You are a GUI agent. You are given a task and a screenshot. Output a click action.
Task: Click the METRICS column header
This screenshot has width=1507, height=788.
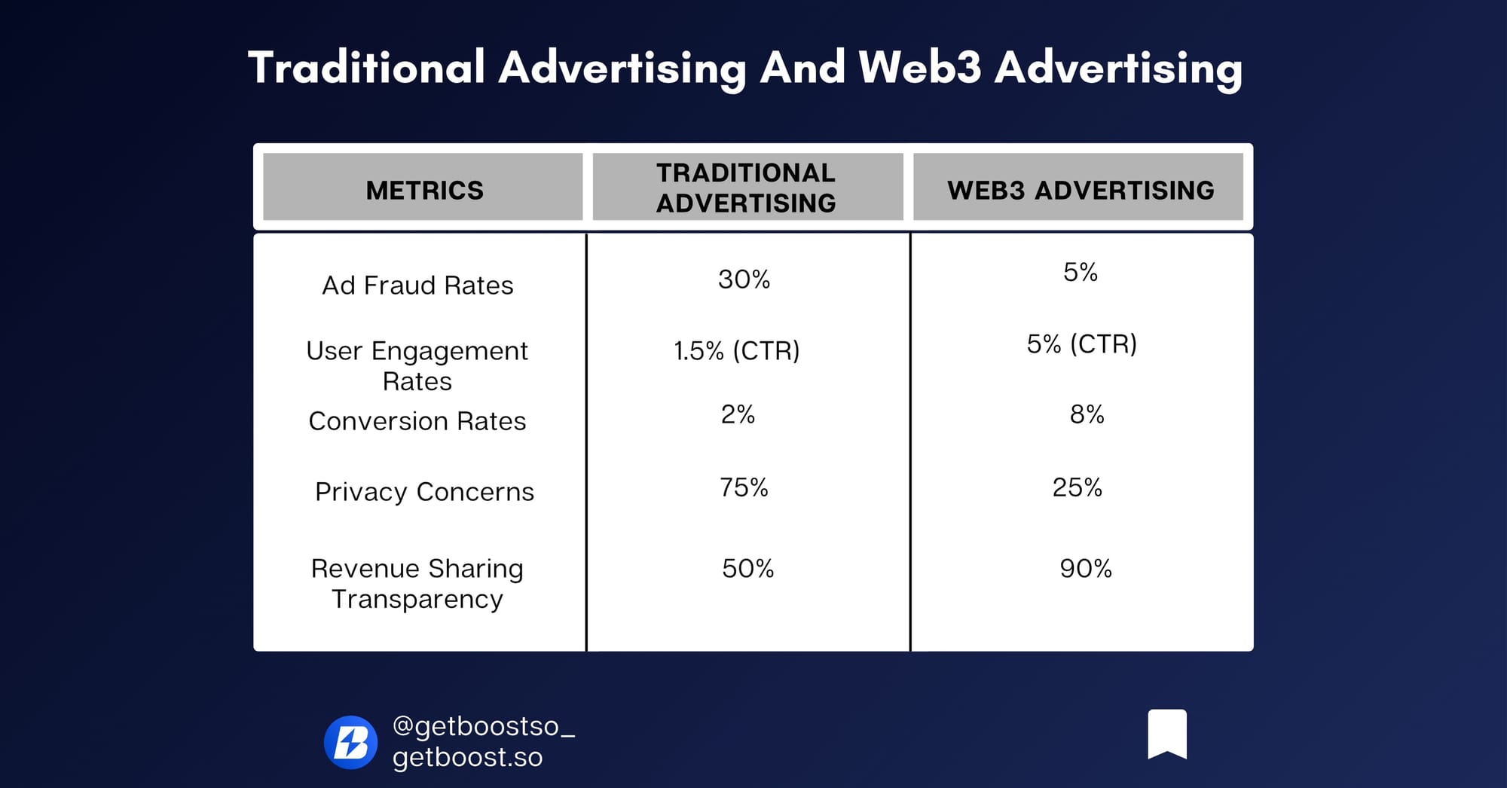(x=425, y=190)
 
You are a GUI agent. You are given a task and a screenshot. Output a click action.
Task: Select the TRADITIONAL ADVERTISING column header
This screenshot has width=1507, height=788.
(x=746, y=188)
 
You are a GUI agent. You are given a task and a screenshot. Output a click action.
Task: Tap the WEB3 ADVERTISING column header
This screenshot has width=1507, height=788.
(x=1081, y=190)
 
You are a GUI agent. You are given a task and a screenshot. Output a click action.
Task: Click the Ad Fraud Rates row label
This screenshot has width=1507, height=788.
(x=417, y=286)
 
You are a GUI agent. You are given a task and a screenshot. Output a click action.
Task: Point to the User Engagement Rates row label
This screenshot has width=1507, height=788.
(x=417, y=366)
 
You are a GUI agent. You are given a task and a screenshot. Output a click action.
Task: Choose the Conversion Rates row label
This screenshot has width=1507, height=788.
(x=417, y=421)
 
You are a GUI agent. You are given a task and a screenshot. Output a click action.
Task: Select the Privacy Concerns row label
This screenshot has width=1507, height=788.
(x=424, y=492)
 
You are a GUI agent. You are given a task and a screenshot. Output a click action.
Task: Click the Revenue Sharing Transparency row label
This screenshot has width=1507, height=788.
(x=417, y=583)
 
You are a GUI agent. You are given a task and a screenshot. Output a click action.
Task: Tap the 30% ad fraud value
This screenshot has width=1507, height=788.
(x=744, y=279)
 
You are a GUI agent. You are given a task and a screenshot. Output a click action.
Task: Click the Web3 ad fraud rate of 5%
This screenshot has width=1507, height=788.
(x=1081, y=272)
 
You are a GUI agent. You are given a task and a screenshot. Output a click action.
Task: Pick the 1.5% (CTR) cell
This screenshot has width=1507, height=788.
(x=737, y=351)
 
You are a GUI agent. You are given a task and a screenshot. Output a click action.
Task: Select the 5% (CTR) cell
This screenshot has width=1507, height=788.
(x=1082, y=344)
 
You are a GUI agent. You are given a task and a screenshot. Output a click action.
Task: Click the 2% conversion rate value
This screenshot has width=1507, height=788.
(x=738, y=414)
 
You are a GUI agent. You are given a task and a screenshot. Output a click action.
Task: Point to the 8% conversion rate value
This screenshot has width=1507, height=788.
(x=1087, y=414)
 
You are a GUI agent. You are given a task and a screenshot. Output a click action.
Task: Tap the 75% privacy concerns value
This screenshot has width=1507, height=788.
(x=744, y=487)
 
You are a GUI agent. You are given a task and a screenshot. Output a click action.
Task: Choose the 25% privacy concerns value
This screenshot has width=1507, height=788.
(x=1078, y=487)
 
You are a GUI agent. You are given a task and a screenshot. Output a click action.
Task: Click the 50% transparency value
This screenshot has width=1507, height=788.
(x=748, y=568)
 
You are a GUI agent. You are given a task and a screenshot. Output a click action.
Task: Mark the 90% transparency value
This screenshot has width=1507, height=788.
(x=1086, y=568)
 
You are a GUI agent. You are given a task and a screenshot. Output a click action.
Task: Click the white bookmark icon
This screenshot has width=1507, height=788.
(x=1167, y=733)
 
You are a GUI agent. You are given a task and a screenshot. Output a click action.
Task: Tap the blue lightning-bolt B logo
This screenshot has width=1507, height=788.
(x=350, y=742)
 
